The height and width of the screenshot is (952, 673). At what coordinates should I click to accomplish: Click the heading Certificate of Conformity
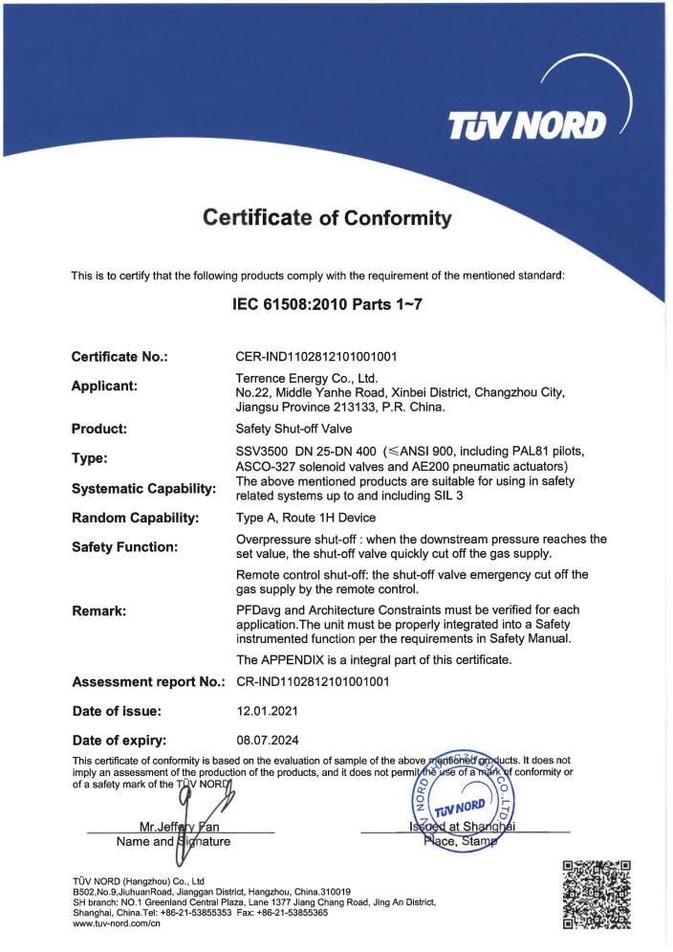point(327,219)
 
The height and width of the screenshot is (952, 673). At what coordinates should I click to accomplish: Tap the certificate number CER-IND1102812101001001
point(316,357)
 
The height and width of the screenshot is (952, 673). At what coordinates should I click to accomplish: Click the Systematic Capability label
point(143,489)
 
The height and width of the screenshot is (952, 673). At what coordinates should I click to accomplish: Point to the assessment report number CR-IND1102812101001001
point(313,682)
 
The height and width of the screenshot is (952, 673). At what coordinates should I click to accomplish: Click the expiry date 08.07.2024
point(265,739)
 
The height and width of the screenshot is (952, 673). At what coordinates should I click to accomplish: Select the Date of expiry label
point(119,740)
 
